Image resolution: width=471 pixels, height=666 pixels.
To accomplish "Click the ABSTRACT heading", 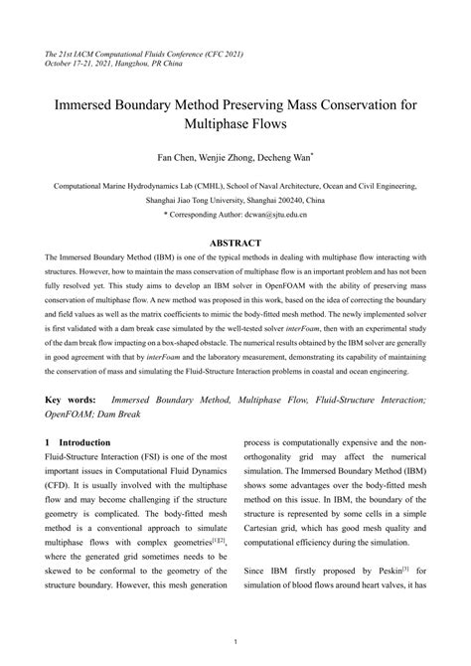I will point(235,243).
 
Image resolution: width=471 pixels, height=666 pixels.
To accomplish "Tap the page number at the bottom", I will point(235,641).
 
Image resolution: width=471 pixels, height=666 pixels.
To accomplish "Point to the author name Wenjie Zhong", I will point(229,157).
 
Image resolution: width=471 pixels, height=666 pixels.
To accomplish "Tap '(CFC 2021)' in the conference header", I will point(222,52).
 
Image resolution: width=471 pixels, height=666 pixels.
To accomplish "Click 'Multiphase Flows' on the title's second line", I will point(235,126).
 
